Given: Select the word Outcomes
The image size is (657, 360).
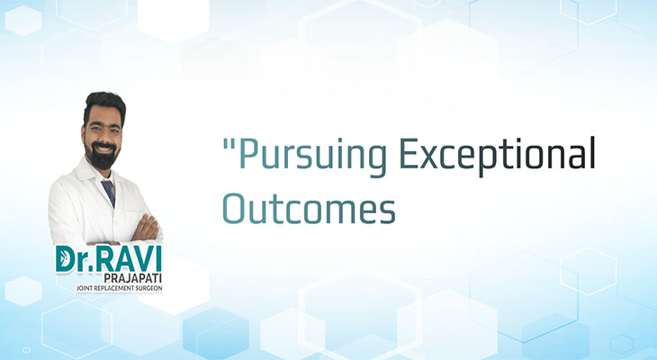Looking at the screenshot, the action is coord(309,208).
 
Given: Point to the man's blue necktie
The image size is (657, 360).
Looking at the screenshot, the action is coord(109,192).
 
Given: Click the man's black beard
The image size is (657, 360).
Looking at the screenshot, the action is coord(103,156).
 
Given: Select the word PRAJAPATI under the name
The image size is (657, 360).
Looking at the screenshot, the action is coord(133,278).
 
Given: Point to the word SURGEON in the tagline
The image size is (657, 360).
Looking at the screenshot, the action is coord(148,288).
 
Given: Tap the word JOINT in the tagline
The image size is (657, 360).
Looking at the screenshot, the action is coord(83,288).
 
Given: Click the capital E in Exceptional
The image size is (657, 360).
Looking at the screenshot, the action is coord(409,152).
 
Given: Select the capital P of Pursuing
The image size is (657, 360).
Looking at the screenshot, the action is coord(247,152).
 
